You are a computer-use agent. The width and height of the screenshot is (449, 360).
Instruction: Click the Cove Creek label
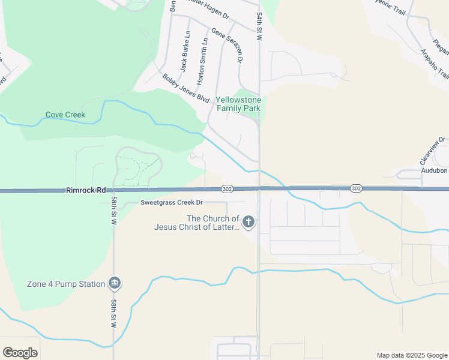click(x=65, y=115)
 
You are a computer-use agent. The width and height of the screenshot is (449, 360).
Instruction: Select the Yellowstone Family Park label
click(x=238, y=104)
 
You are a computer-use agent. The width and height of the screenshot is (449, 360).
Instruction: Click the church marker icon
click(x=248, y=223)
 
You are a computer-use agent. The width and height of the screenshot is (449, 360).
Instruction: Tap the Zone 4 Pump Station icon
click(x=115, y=283)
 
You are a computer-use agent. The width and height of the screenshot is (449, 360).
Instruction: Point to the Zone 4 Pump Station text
click(x=66, y=284)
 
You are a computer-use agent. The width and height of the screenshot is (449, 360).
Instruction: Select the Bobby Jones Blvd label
click(x=185, y=88)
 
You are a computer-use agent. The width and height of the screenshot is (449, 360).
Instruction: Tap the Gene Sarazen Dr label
click(x=227, y=45)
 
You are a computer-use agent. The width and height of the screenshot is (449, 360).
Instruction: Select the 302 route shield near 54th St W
click(x=227, y=188)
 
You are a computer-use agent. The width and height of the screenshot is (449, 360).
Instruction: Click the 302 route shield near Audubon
click(x=355, y=188)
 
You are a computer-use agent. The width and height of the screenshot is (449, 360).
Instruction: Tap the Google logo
click(x=20, y=353)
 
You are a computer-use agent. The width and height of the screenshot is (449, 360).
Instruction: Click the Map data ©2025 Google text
click(x=411, y=355)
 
